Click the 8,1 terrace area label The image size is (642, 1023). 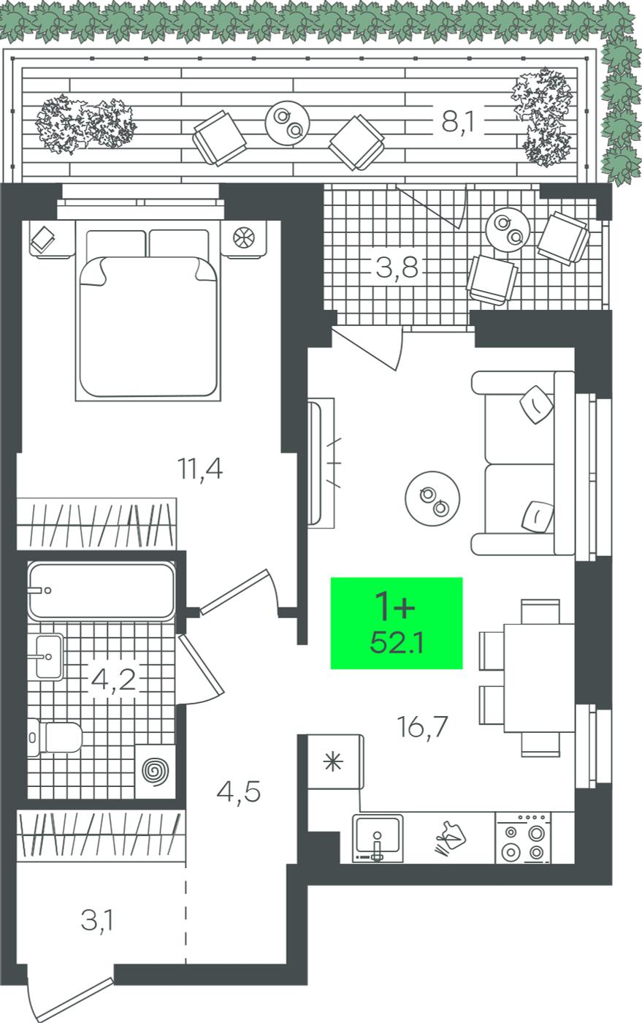point(459,122)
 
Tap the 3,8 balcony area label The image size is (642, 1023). point(397,267)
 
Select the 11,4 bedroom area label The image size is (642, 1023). point(200,468)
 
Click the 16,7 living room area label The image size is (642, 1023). point(423,726)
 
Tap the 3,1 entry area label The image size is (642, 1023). point(97,921)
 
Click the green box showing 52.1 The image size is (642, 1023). point(397,623)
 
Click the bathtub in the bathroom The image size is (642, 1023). point(102,590)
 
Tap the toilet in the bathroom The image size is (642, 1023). point(55,737)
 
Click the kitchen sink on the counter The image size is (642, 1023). point(378,838)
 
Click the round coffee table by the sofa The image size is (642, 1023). point(432,498)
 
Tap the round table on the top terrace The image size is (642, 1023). point(288,123)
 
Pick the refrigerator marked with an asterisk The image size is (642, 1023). point(335,761)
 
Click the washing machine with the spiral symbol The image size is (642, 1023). point(156,772)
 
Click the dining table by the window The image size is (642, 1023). point(539,678)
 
